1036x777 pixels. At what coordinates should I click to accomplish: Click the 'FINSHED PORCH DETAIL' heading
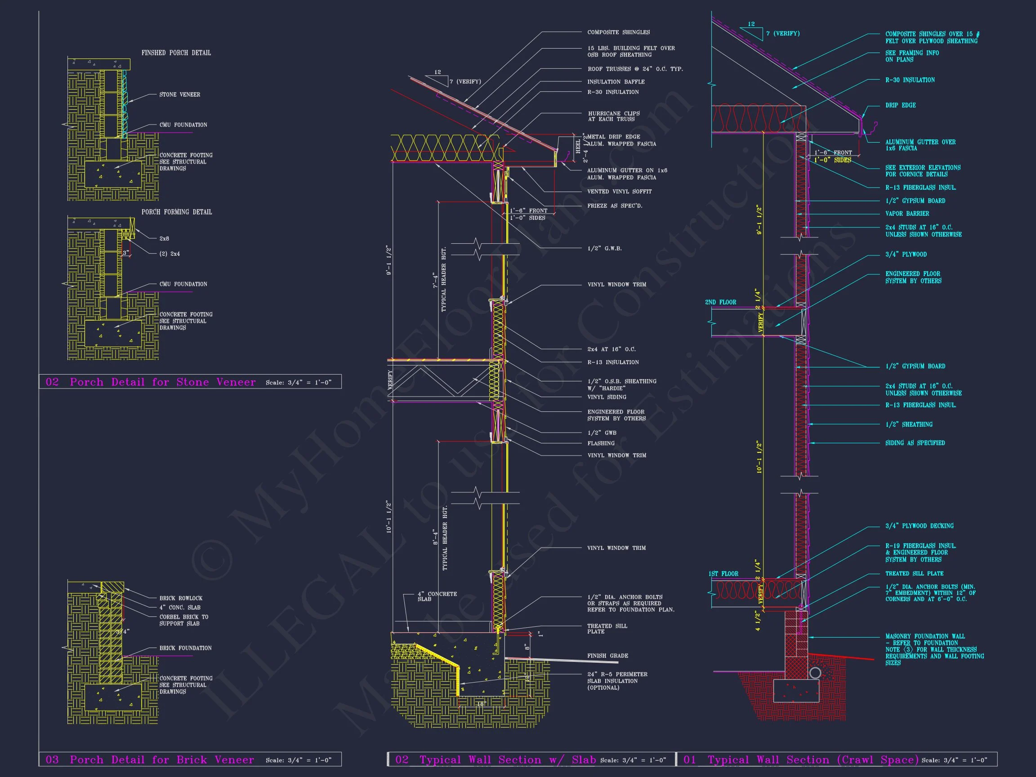[x=176, y=53]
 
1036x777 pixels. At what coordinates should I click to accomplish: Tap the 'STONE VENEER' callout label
[x=179, y=94]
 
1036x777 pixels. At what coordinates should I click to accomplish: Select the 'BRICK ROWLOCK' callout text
[x=181, y=598]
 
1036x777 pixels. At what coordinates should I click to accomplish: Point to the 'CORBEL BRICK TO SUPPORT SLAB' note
[x=183, y=620]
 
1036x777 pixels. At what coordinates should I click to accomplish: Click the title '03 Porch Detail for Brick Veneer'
[x=150, y=759]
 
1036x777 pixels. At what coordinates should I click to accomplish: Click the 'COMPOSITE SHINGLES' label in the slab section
[x=618, y=32]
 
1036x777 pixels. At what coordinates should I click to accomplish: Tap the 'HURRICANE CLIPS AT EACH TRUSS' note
[x=613, y=116]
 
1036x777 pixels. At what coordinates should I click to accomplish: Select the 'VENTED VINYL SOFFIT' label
[x=619, y=192]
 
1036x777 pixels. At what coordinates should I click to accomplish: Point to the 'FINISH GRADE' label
[x=607, y=656]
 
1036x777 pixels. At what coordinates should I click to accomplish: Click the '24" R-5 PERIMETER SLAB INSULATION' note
[x=617, y=680]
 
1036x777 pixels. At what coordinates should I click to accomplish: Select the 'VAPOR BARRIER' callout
[x=907, y=214]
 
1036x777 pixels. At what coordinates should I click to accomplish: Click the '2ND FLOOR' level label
[x=720, y=302]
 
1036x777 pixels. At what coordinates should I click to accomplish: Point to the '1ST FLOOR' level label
[x=723, y=574]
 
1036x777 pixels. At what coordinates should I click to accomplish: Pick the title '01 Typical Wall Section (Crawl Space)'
[x=801, y=759]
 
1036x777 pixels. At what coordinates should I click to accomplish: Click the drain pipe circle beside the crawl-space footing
[x=815, y=673]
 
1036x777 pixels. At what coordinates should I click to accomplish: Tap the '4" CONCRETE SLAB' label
[x=437, y=596]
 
